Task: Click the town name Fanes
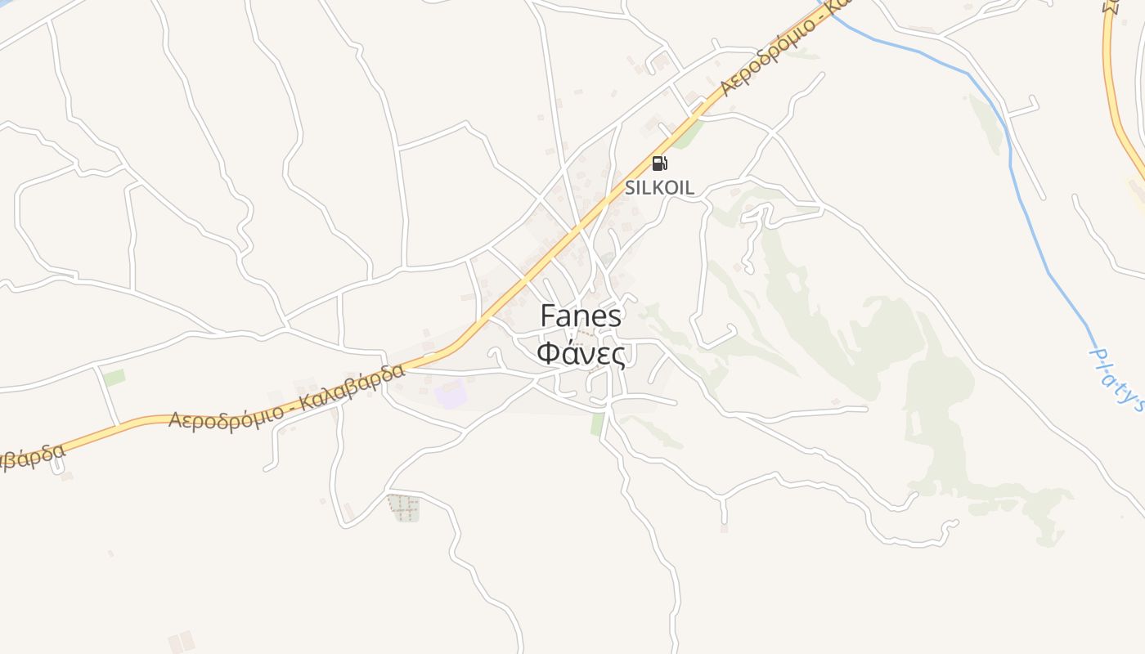pyautogui.click(x=581, y=317)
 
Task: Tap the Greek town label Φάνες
pyautogui.click(x=581, y=354)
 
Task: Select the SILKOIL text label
pyautogui.click(x=659, y=187)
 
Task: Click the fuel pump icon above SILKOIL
pyautogui.click(x=659, y=163)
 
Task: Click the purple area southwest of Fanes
pyautogui.click(x=451, y=394)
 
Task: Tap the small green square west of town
pyautogui.click(x=114, y=378)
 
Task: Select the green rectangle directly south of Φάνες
pyautogui.click(x=598, y=423)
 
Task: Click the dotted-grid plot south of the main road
pyautogui.click(x=403, y=508)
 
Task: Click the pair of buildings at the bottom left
pyautogui.click(x=181, y=642)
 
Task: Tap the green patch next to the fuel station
pyautogui.click(x=688, y=134)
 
